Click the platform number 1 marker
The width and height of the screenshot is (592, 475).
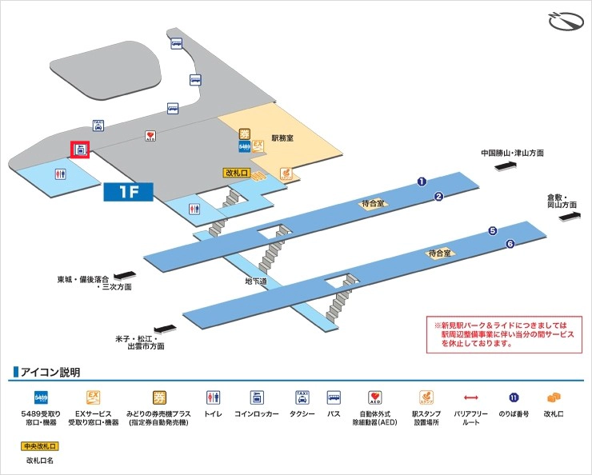tap(422, 182)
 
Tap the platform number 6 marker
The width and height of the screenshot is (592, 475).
tap(510, 243)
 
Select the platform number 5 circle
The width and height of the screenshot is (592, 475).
tap(492, 231)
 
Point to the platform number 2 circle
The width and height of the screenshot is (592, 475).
tap(438, 196)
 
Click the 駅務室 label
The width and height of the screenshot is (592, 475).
tap(282, 138)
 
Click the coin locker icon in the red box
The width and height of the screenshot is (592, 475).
tap(81, 149)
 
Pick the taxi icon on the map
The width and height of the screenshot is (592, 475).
tap(98, 125)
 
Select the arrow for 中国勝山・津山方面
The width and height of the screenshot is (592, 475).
tap(507, 166)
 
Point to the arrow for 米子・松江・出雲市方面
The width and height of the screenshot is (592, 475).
tap(164, 328)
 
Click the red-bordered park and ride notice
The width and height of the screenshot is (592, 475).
tap(507, 334)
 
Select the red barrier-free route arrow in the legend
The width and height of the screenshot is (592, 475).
tap(471, 397)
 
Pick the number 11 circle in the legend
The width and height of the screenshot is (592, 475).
tap(514, 397)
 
